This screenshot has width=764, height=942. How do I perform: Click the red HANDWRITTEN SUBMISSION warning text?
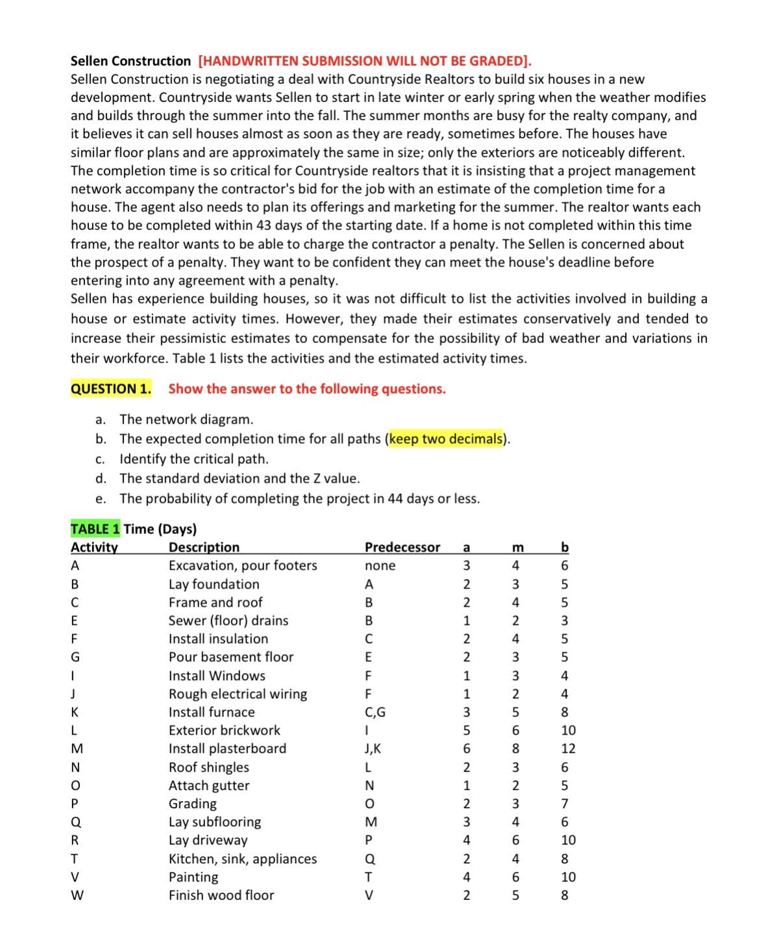[x=364, y=61]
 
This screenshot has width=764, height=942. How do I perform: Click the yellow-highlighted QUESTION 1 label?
[x=111, y=389]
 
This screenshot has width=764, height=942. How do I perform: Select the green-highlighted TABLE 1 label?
[x=95, y=529]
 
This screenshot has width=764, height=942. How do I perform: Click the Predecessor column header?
[x=402, y=548]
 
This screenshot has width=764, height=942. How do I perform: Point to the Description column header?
[x=204, y=548]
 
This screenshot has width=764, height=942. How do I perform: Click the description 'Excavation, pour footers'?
[x=243, y=566]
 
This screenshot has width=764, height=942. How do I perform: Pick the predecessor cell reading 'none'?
[x=380, y=566]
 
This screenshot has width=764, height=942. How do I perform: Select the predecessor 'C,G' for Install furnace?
[x=375, y=713]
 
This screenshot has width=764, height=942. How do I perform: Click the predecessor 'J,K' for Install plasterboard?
[x=373, y=749]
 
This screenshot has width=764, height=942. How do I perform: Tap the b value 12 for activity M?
[x=568, y=749]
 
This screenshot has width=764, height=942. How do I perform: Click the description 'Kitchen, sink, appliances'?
[x=243, y=859]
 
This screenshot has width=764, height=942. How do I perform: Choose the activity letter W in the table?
[x=77, y=896]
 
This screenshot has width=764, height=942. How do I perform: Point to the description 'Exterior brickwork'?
[x=225, y=731]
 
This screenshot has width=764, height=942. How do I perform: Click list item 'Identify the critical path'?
[x=193, y=459]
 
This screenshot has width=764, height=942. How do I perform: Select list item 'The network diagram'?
[x=186, y=420]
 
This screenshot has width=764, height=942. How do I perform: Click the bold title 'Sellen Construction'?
[x=130, y=61]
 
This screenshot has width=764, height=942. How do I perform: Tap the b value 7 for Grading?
[x=564, y=804]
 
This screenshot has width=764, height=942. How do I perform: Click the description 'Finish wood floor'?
[x=221, y=896]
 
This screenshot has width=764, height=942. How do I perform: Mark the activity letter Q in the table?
[x=75, y=822]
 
